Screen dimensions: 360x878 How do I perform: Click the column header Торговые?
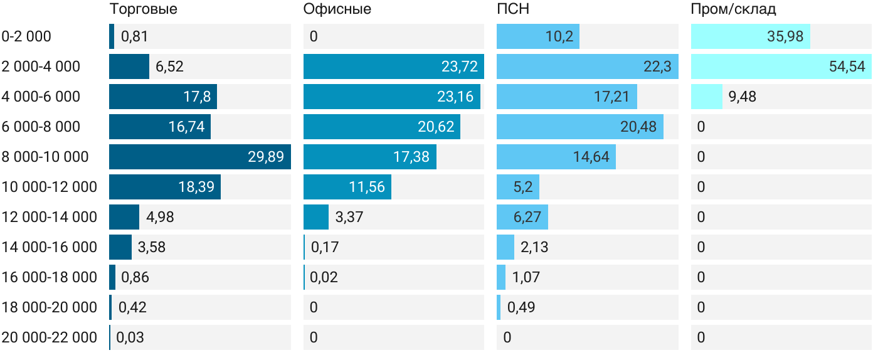[143, 9]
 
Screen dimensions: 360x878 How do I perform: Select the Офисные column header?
[337, 9]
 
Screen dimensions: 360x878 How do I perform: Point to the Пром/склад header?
[733, 9]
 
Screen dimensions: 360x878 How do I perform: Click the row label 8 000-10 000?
[45, 157]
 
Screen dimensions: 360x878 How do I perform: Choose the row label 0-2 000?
[26, 36]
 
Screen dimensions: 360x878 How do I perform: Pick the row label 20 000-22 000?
[50, 337]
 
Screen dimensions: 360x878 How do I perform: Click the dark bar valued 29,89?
[199, 157]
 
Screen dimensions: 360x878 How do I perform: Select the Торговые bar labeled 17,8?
[163, 97]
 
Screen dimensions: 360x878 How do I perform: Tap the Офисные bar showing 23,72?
[393, 66]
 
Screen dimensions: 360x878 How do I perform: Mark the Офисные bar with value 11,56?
[347, 187]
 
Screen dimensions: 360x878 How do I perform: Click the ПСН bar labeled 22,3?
[587, 66]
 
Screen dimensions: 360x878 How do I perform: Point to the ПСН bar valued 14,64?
[556, 157]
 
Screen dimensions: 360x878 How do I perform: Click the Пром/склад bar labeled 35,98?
[750, 36]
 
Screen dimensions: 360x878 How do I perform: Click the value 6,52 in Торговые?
[169, 66]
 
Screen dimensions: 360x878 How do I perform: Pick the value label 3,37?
[349, 217]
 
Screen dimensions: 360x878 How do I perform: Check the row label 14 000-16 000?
[50, 247]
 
